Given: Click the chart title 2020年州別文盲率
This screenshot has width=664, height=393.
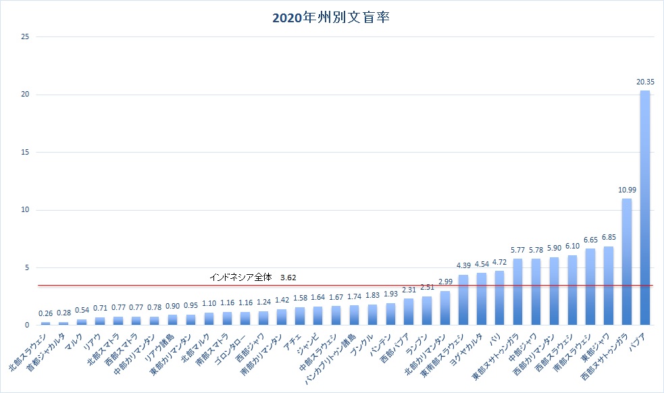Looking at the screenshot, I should click(332, 18).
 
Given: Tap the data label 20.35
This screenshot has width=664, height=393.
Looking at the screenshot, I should click(645, 82).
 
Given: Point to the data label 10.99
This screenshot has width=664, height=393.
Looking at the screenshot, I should click(627, 190).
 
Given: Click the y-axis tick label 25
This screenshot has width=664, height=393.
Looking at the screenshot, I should click(25, 36).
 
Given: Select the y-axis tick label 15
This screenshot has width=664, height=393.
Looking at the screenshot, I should click(25, 152).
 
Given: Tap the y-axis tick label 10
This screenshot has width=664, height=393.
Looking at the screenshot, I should click(25, 210).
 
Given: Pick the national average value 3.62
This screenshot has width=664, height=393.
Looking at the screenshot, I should click(288, 277).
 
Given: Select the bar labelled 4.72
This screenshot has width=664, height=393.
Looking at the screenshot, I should click(500, 298).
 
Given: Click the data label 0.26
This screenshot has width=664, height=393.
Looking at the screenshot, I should click(45, 313).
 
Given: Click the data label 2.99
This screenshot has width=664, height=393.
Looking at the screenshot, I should click(445, 282).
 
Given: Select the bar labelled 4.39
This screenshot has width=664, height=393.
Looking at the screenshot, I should click(463, 300).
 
